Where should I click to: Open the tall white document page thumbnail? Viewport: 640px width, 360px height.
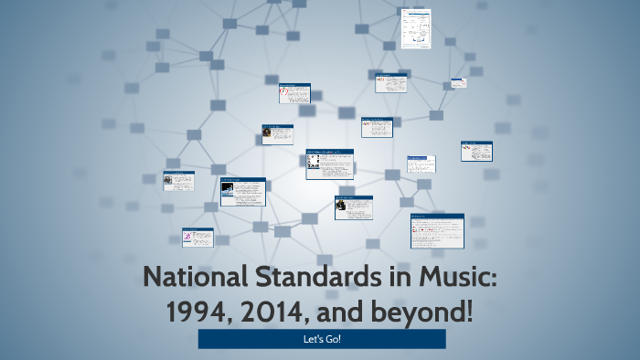click(416, 29)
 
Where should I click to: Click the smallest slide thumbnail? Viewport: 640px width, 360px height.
click(458, 82)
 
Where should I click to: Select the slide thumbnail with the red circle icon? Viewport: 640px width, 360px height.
click(294, 93)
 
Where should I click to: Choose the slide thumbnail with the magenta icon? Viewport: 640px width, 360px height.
click(197, 237)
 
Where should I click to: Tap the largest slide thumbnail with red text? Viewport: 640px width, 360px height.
click(437, 230)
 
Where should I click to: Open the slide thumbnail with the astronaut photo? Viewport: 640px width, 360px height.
click(242, 191)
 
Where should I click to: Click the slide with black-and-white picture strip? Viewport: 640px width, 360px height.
click(329, 164)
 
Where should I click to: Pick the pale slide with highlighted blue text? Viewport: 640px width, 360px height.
click(421, 164)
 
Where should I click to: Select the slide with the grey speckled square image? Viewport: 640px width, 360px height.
click(278, 133)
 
